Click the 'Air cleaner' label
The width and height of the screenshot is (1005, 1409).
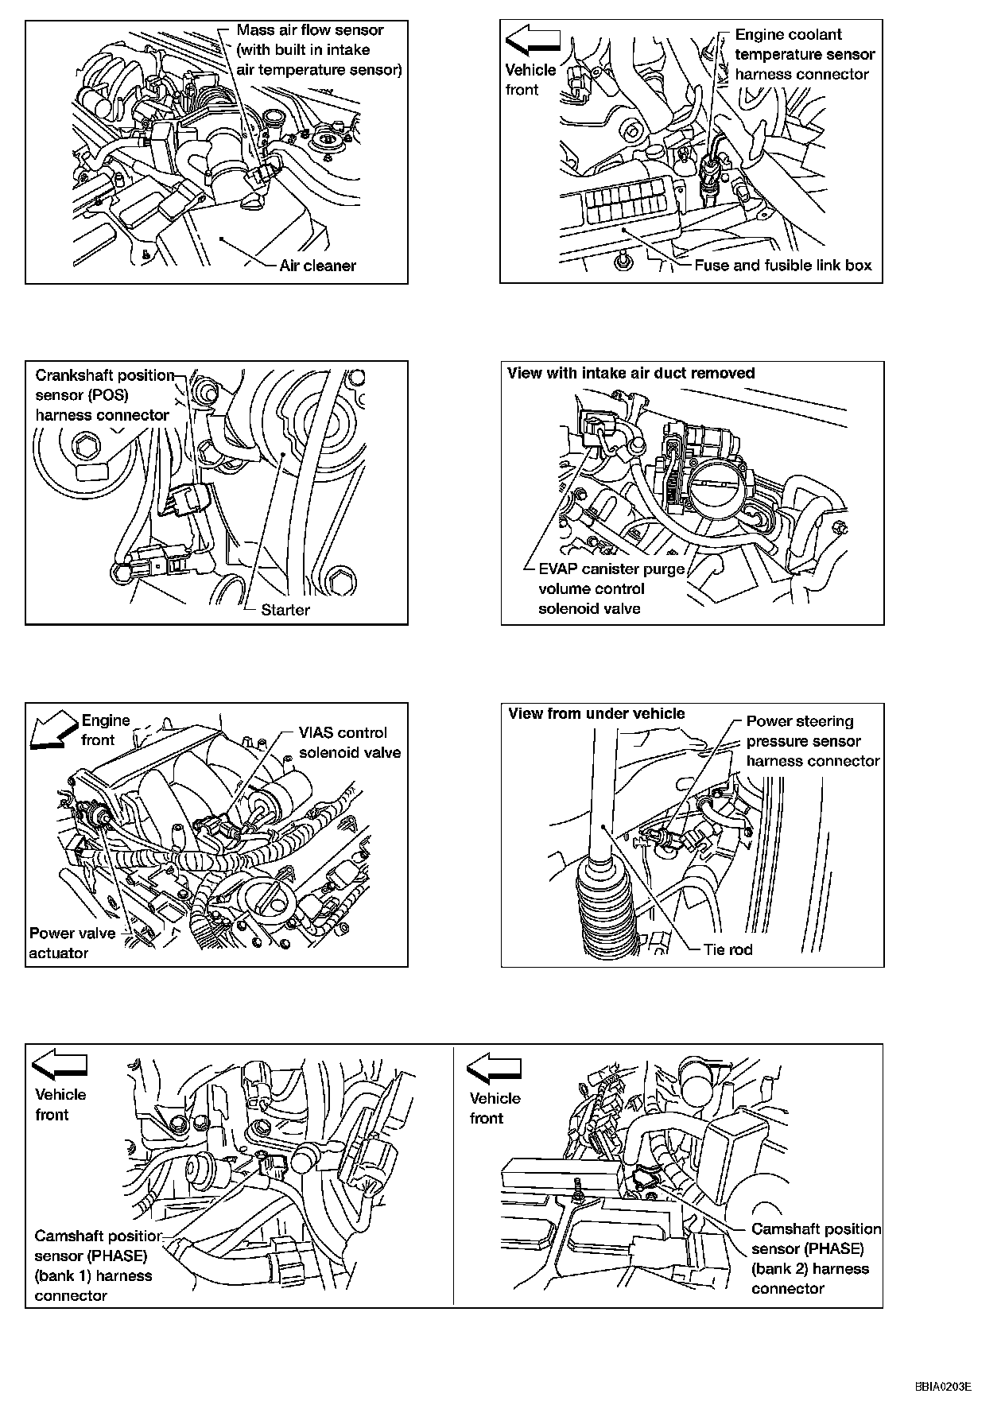click(317, 266)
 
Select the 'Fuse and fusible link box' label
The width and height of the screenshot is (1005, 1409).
click(782, 266)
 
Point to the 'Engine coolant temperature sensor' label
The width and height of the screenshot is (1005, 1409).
click(804, 54)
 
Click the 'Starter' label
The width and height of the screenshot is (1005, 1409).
click(285, 610)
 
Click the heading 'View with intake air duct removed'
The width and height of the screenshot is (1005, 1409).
click(631, 373)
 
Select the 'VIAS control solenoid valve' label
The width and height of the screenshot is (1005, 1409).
click(349, 743)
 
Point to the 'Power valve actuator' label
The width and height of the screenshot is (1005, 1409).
click(72, 943)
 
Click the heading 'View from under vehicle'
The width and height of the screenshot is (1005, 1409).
click(596, 713)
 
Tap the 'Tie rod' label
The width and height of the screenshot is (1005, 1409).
click(728, 949)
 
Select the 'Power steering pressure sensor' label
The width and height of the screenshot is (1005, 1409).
click(812, 741)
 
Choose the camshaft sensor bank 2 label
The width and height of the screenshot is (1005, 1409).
click(816, 1259)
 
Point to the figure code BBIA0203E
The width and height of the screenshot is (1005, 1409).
click(942, 1387)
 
